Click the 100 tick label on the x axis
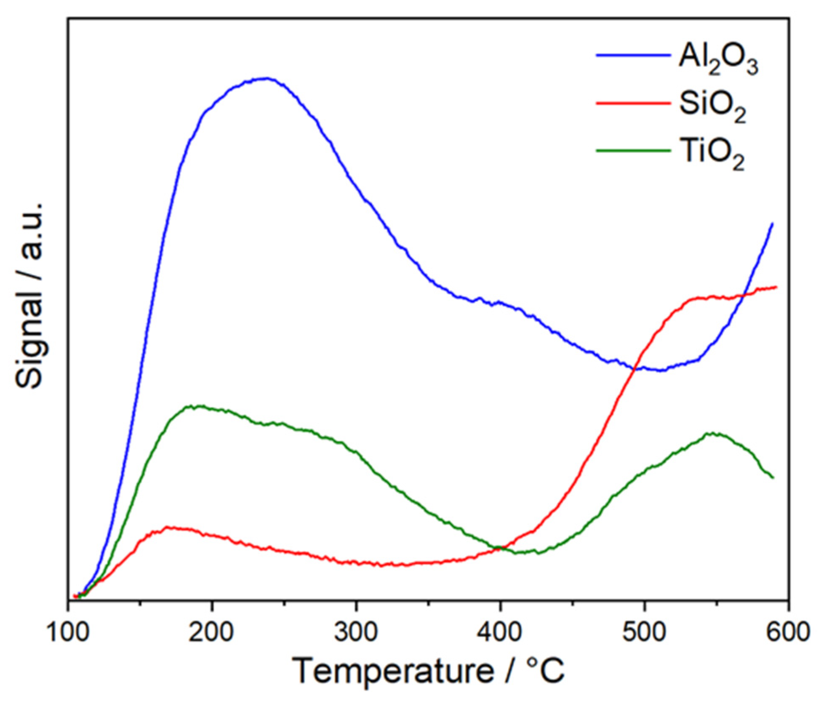[68, 633]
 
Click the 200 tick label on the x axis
[212, 633]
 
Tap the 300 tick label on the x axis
[356, 633]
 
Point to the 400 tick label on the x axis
[500, 633]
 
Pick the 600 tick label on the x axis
[787, 633]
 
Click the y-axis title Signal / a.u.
[30, 295]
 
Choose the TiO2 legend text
[712, 155]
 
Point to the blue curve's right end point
[773, 223]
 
